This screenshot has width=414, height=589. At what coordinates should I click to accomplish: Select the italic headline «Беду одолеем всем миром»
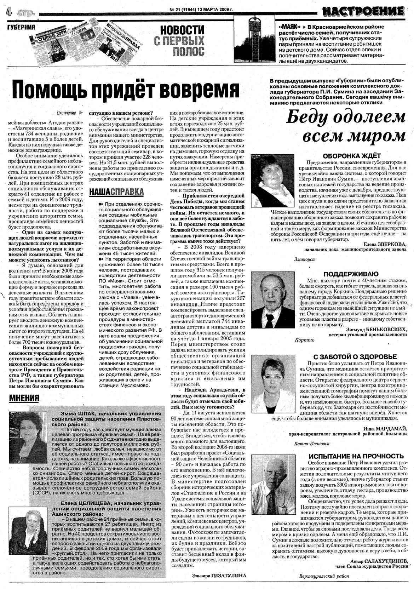tap(345, 126)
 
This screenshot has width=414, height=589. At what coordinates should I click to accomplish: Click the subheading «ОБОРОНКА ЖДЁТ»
tap(351, 156)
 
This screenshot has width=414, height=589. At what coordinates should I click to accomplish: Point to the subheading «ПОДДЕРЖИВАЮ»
tap(351, 274)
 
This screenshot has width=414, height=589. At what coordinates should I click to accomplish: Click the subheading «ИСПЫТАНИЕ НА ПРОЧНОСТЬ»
tap(356, 456)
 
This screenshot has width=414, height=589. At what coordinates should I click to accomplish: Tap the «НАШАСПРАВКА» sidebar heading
tap(117, 192)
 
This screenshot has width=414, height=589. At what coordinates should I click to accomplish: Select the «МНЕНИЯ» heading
tap(24, 398)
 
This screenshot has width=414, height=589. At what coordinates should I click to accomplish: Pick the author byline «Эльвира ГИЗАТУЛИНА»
tap(219, 576)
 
